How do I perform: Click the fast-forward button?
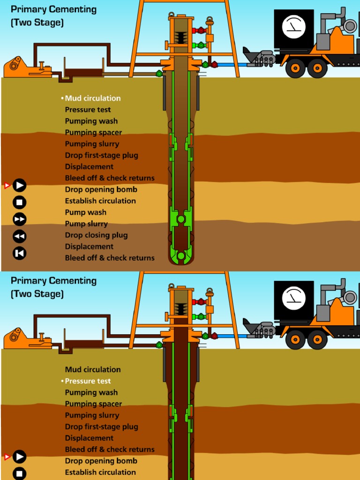19,219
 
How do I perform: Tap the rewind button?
19,236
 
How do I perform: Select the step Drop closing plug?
96,235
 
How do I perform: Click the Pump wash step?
85,212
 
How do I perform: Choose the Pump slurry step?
86,224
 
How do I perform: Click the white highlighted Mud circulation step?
92,98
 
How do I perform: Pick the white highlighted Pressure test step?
88,381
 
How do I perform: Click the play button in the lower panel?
19,457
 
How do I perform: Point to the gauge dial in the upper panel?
294,27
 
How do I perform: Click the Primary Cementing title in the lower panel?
53,281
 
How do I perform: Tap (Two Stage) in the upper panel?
37,22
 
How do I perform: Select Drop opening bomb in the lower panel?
101,461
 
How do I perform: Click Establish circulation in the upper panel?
100,201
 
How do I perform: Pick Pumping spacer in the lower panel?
93,404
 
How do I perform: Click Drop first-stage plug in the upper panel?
101,155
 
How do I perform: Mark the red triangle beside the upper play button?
7,186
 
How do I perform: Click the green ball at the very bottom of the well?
181,255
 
